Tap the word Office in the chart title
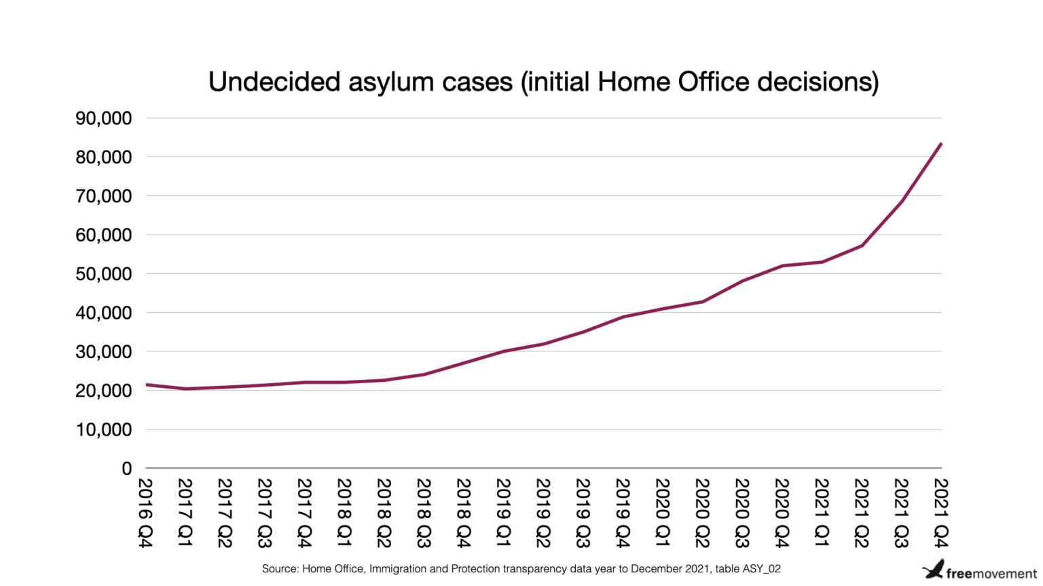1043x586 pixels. click(x=714, y=82)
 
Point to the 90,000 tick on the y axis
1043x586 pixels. click(x=104, y=119)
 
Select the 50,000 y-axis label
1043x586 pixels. click(x=104, y=275)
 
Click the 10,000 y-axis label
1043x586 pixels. click(x=104, y=430)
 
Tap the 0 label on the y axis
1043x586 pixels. click(x=126, y=469)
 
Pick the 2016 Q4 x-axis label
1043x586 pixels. click(x=146, y=513)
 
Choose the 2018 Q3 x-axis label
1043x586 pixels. click(x=424, y=513)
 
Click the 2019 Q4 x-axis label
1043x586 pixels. click(x=623, y=513)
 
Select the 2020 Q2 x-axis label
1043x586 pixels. click(x=702, y=513)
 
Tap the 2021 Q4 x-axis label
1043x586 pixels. click(x=940, y=513)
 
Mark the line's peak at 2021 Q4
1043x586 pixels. click(x=940, y=144)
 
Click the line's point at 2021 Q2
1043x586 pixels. click(x=862, y=246)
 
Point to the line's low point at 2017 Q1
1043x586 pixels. click(x=185, y=389)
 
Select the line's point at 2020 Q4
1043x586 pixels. click(x=782, y=266)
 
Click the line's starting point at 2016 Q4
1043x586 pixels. click(x=147, y=385)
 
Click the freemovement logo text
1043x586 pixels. click(x=991, y=574)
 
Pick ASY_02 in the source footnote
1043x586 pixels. click(x=761, y=569)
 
